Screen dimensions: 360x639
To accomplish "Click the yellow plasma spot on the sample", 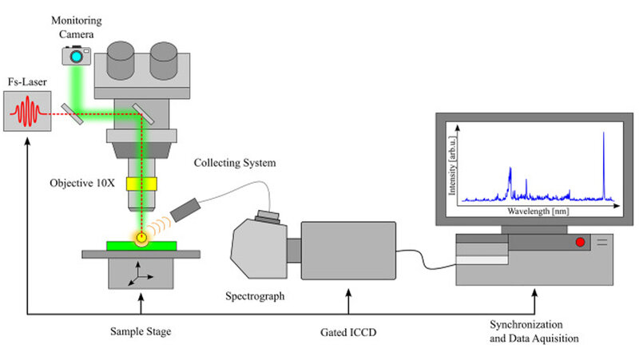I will (x=141, y=237).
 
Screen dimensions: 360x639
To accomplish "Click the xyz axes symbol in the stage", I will (x=141, y=276).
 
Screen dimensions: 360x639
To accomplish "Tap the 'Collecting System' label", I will (x=236, y=164).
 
